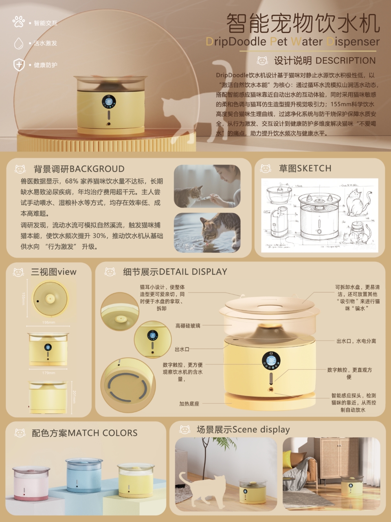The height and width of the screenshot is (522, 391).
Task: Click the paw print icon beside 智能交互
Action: point(19,22)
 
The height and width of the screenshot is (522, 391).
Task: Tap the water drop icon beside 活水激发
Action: point(19,43)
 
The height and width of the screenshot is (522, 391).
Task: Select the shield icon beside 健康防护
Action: point(19,65)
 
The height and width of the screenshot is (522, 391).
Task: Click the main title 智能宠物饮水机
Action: point(303,23)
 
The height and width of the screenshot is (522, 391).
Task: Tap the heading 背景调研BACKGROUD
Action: point(79,169)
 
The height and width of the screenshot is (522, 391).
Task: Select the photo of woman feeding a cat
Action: point(207,186)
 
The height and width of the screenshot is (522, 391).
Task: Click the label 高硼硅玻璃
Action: point(188,326)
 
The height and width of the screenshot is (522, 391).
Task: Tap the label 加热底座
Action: point(189,404)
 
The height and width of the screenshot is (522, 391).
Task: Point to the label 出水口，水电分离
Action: point(356,341)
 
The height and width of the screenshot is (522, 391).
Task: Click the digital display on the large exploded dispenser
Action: point(271,361)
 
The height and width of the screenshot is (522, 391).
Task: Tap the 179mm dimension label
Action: point(48,373)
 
